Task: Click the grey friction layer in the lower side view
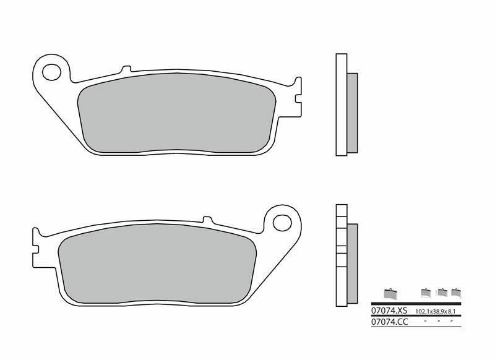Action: pos(351,263)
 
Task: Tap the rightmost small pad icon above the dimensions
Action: pos(455,292)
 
